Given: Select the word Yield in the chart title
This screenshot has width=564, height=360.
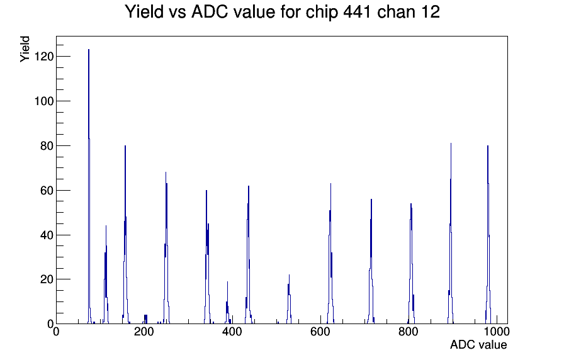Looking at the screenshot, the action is click(144, 12).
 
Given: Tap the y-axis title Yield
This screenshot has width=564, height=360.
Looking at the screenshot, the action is click(25, 49).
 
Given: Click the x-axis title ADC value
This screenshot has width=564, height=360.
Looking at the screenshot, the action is click(478, 344).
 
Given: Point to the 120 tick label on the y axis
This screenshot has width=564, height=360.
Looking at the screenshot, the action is click(44, 57).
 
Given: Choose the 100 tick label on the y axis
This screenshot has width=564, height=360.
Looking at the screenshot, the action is click(44, 101).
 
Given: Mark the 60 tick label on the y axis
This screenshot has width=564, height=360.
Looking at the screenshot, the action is click(47, 190).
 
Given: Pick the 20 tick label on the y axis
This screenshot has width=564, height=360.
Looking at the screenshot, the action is click(47, 279).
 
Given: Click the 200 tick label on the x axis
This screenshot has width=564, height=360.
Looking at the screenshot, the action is click(144, 332).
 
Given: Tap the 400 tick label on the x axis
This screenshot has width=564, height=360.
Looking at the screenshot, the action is click(232, 332).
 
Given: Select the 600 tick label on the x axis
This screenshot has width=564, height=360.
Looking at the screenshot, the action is click(320, 332).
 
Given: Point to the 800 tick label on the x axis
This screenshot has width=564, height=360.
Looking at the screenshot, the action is click(409, 332).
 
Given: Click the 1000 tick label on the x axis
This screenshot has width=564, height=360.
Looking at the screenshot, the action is click(497, 332).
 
